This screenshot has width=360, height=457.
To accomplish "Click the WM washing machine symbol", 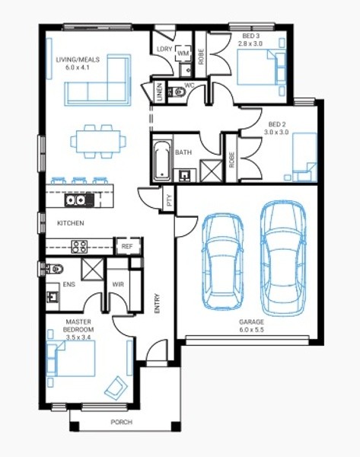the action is pyautogui.click(x=183, y=53).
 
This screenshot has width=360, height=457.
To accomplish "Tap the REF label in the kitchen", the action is pyautogui.click(x=127, y=246).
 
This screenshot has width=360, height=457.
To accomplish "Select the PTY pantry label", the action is pyautogui.click(x=170, y=200).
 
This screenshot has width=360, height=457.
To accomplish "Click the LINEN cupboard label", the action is pyautogui.click(x=159, y=92).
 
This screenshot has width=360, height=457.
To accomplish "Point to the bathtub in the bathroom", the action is pyautogui.click(x=162, y=160).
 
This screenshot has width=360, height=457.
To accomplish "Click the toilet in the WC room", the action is pyautogui.click(x=177, y=92).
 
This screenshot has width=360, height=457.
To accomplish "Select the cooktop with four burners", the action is pyautogui.click(x=79, y=247).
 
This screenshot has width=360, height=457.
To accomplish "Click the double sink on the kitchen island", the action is pyautogui.click(x=75, y=200).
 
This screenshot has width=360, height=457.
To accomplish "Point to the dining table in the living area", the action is pyautogui.click(x=98, y=142).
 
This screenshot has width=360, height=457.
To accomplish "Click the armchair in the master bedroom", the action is pyautogui.click(x=116, y=388).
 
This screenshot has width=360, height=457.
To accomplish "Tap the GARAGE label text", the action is pyautogui.click(x=251, y=321).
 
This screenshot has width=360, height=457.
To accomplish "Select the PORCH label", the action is pyautogui.click(x=122, y=422).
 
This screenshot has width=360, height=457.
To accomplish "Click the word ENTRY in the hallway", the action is pyautogui.click(x=158, y=303).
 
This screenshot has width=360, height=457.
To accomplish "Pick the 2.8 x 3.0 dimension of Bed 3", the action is pyautogui.click(x=250, y=43).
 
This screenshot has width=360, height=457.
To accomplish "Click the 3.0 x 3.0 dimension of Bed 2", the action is pyautogui.click(x=276, y=132).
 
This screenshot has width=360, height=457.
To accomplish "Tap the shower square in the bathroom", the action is pyautogui.click(x=211, y=171).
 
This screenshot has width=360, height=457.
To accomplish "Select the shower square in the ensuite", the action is pyautogui.click(x=92, y=270).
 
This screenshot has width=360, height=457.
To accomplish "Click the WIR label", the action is pyautogui.click(x=118, y=284).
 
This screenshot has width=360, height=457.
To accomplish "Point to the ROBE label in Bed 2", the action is pyautogui.click(x=232, y=160).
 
